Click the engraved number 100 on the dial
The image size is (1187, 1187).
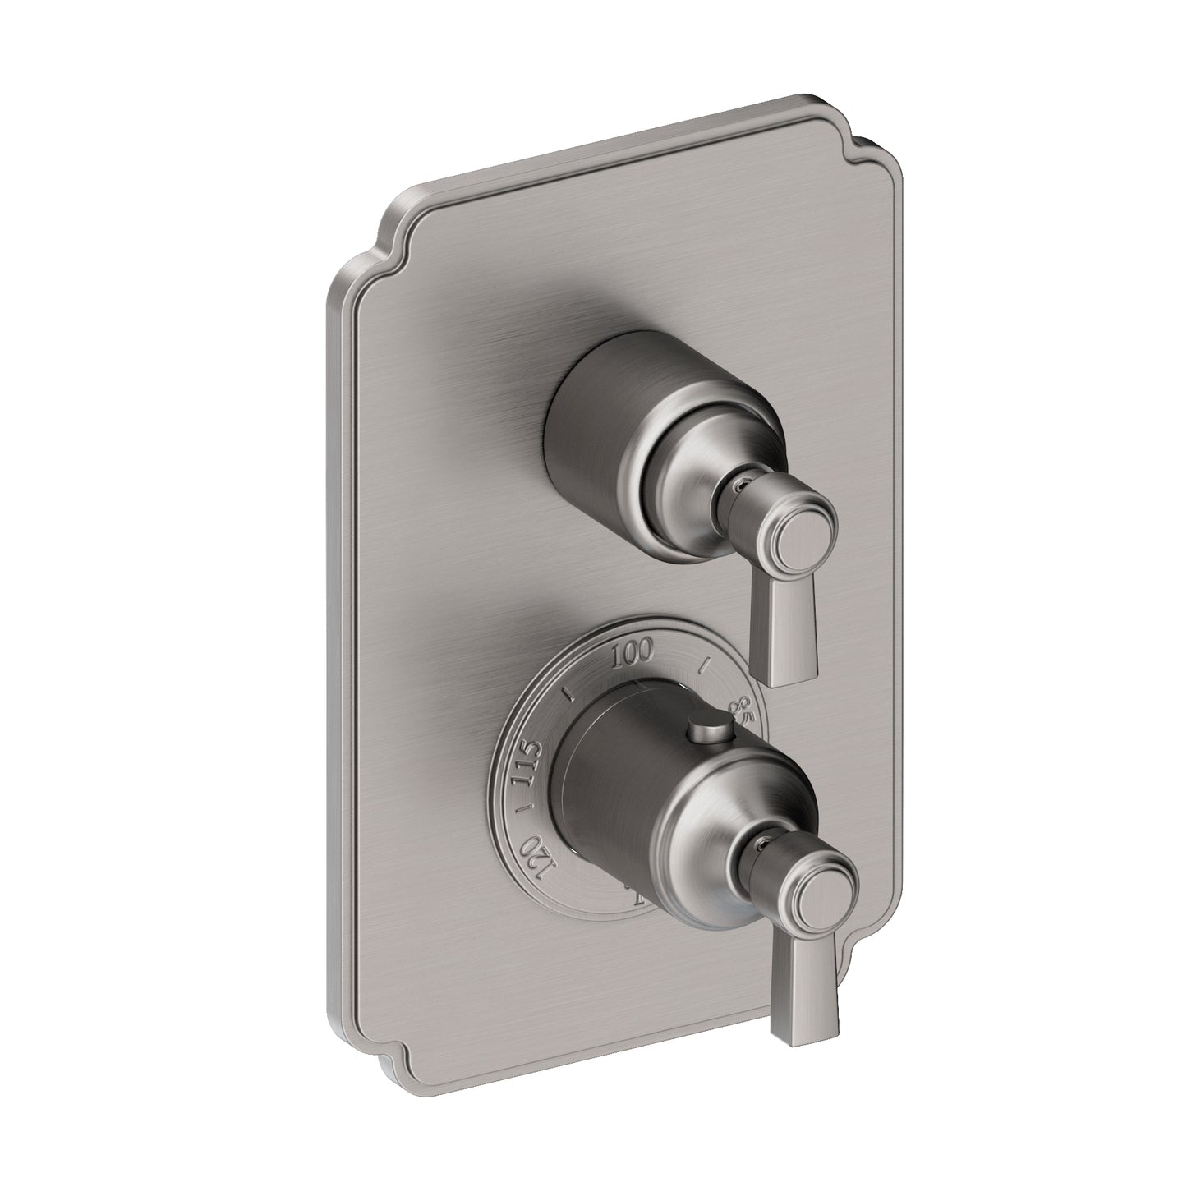[x=633, y=654]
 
